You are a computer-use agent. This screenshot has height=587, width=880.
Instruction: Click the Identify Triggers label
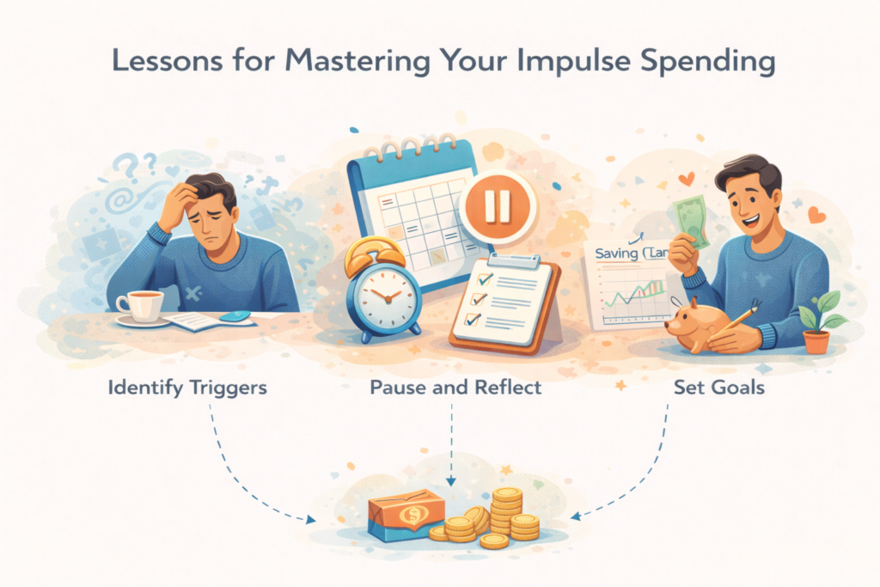pyautogui.click(x=188, y=388)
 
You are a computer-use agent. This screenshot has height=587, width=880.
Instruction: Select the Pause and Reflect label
pyautogui.click(x=455, y=388)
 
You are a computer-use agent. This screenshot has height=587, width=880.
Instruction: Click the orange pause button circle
pyautogui.click(x=498, y=205)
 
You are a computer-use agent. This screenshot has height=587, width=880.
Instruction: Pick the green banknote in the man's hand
pyautogui.click(x=693, y=223)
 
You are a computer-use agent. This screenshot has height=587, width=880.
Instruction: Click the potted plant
pyautogui.click(x=818, y=322)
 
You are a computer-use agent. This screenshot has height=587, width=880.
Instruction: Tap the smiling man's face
pyautogui.click(x=745, y=197)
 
